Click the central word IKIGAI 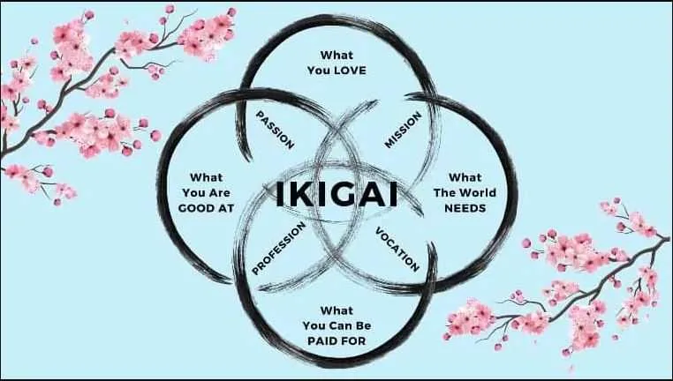point(336,194)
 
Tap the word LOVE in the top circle point(351,71)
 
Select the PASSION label point(276,130)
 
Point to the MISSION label point(403,130)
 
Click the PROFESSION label point(278,248)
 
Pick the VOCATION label point(397,250)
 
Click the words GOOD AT point(206,208)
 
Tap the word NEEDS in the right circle point(465,208)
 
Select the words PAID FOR point(336,341)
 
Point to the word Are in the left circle point(219,193)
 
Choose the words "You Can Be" point(336,325)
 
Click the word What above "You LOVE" point(336,56)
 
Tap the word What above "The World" point(465,177)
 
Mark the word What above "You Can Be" point(336,310)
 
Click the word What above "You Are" point(206,177)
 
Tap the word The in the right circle point(443,193)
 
